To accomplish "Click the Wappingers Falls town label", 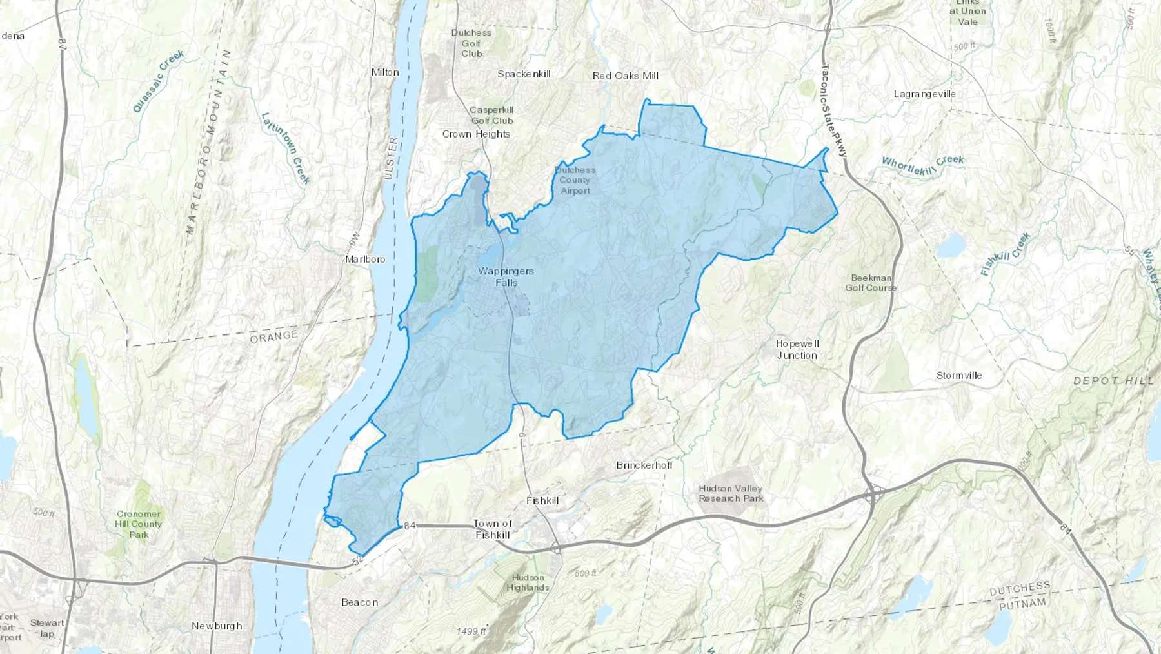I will click(506, 277).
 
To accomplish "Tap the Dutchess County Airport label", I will click(575, 180).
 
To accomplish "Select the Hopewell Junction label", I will click(797, 349).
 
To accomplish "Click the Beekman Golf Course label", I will click(871, 283).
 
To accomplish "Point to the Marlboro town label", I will click(365, 259).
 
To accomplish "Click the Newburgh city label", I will click(217, 626).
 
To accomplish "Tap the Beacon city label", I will click(359, 602).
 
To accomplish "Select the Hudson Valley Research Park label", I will click(731, 493).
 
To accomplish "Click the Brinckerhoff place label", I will click(644, 465).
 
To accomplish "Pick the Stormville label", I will click(959, 375).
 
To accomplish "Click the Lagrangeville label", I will click(924, 94).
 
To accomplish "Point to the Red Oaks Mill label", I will click(625, 76).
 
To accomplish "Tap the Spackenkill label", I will click(524, 74).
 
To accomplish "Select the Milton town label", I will click(385, 72).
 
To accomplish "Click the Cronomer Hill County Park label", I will click(139, 524).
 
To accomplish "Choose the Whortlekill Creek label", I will click(922, 162).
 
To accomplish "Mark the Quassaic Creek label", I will click(159, 81).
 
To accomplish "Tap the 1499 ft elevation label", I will click(471, 631).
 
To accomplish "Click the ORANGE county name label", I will click(274, 336).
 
